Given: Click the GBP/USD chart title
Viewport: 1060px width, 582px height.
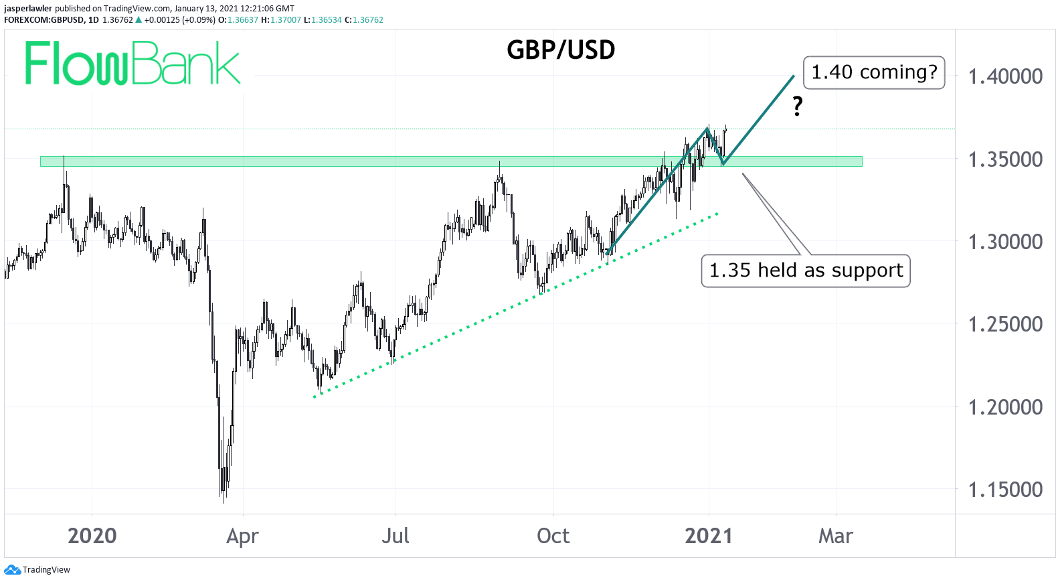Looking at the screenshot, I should pos(561,50).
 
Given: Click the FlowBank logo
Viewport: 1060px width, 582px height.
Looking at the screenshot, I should pos(132,64).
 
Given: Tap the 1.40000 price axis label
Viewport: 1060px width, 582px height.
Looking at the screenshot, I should pos(1005,76).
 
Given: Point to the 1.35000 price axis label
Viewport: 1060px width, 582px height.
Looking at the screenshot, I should pos(1005,159).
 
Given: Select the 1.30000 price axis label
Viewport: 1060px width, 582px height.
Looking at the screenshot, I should pos(1005,242).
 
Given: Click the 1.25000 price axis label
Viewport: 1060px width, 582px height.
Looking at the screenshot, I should pos(1005,324).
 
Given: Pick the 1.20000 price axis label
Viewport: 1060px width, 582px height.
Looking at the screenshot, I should pos(1005,407).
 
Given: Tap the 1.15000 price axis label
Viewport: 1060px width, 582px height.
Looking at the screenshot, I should pos(1005,490).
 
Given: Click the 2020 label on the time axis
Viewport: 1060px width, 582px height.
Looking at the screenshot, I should pos(92,536).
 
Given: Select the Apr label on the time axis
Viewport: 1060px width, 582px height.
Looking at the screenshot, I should pos(242,536).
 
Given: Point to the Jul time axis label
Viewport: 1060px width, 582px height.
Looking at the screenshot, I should pos(395,536).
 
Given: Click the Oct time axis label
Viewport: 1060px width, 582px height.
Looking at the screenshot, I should pos(553,536).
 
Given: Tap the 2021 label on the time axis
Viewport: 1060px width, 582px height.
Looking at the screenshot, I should pos(709,536).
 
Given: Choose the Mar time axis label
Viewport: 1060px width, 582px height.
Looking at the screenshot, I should pos(836,536).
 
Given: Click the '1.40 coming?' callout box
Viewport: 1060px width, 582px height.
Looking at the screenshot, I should pos(874,72).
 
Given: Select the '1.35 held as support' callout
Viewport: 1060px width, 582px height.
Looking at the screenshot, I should pos(806,271).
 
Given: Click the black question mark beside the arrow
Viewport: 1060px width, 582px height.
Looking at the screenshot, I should pos(797,106).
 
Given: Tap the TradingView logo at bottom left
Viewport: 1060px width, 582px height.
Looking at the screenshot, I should pos(37,570).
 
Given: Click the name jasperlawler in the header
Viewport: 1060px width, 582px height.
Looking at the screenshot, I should pos(28,9).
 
